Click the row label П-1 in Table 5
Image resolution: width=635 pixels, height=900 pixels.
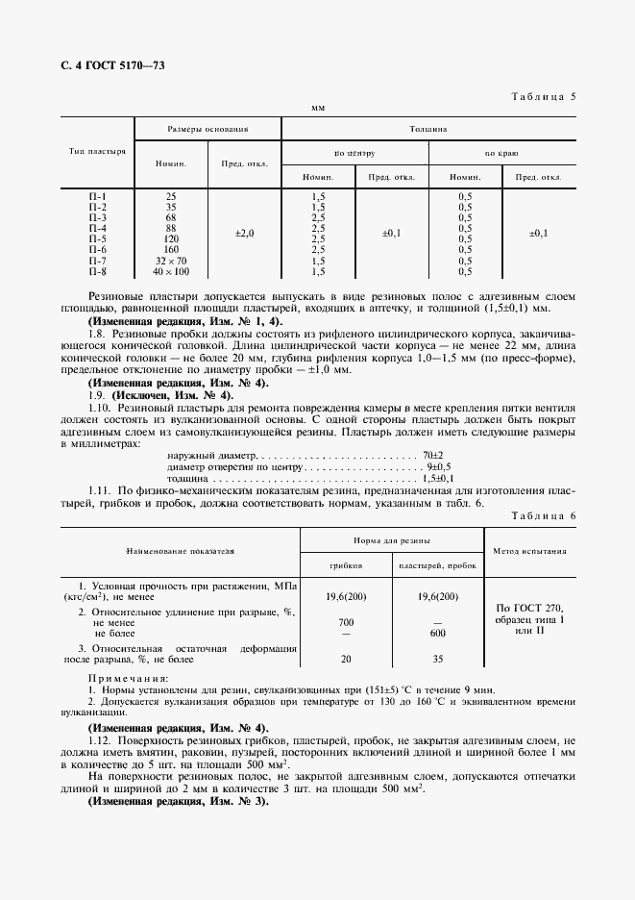point(97,196)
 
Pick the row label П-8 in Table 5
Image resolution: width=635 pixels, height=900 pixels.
point(97,271)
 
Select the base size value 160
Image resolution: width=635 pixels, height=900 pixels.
point(171,250)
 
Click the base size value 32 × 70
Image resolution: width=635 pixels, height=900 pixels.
point(171,261)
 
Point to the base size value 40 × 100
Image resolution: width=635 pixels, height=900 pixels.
point(171,271)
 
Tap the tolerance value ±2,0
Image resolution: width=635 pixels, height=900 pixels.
point(244,234)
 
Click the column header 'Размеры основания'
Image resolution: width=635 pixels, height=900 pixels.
point(208,128)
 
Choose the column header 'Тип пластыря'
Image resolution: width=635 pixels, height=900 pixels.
point(97,152)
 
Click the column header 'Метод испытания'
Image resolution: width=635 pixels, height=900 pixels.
point(530,552)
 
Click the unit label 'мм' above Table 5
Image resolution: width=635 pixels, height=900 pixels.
point(318,109)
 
